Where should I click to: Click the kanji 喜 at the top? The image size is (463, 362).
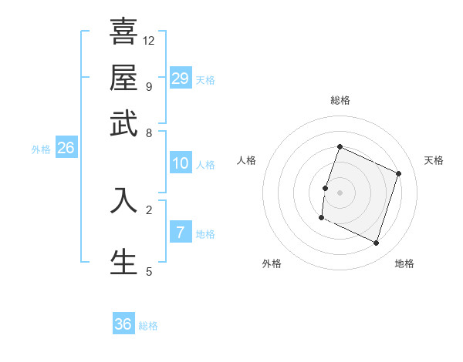pos(123,33)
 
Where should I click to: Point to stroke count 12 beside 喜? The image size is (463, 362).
pos(149,40)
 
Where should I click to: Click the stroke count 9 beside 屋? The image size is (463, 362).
pos(149,85)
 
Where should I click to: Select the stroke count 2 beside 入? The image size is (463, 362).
pos(149,209)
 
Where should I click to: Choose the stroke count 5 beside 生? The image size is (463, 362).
pos(149,271)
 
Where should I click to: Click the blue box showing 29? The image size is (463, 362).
pos(180,78)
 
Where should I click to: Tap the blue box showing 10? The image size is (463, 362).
pos(180,163)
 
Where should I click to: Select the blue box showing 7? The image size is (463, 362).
pos(180,232)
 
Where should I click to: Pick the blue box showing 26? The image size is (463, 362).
pos(66,148)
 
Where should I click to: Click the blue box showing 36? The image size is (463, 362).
pos(123,324)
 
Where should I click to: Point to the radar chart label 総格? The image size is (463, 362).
pos(340,100)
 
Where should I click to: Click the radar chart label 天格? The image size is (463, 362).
pos(434,160)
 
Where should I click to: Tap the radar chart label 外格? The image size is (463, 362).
pos(272,263)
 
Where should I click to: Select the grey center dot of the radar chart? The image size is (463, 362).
pos(340,192)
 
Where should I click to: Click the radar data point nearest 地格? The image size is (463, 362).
pos(377,243)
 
